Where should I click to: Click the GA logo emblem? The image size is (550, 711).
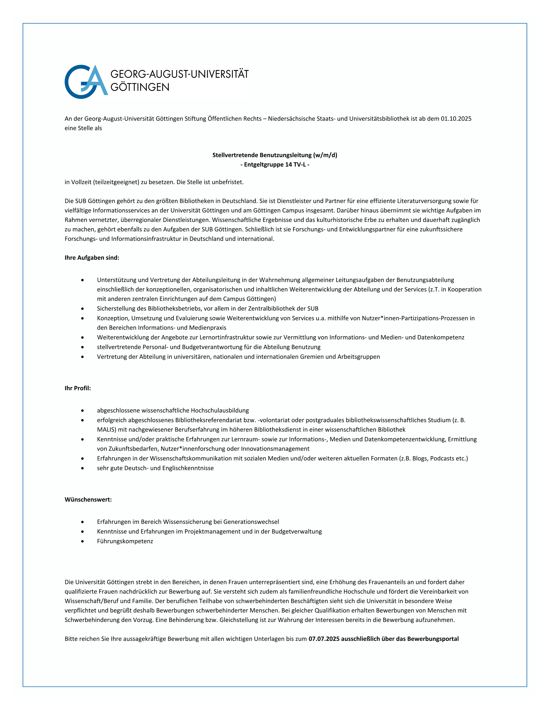pyautogui.click(x=86, y=82)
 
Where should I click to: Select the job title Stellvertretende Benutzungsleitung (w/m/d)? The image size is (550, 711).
pyautogui.click(x=274, y=155)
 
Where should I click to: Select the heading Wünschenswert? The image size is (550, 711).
pyautogui.click(x=88, y=500)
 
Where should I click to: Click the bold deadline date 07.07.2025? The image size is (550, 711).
pyautogui.click(x=324, y=639)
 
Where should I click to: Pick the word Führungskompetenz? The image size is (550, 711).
pyautogui.click(x=125, y=541)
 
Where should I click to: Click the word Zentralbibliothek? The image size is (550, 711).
pyautogui.click(x=274, y=309)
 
